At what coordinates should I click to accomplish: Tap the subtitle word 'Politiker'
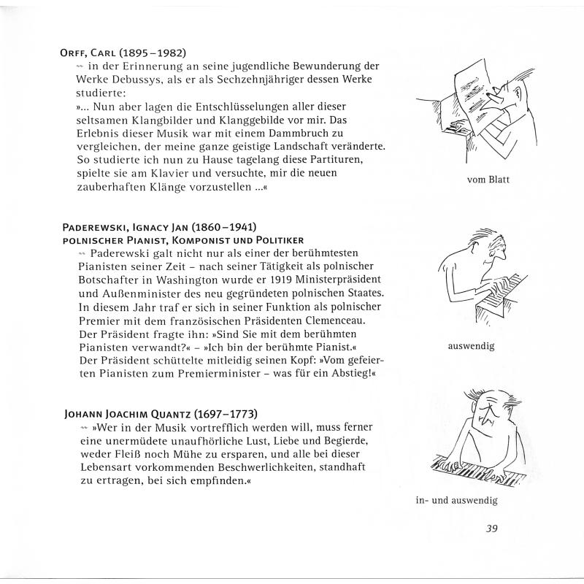point(272,240)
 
